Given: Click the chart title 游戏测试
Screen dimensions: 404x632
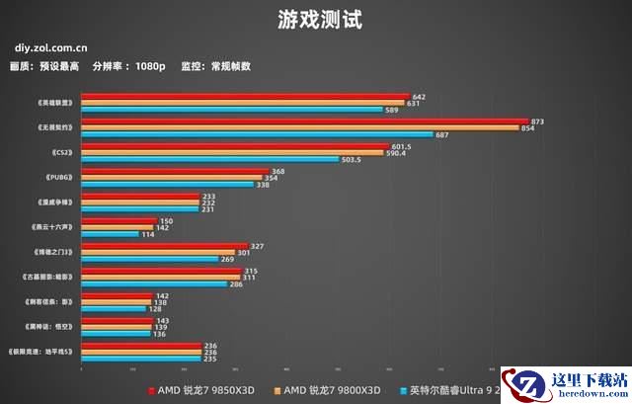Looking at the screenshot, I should click(316, 18).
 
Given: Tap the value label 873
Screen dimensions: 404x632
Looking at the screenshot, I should click(537, 121).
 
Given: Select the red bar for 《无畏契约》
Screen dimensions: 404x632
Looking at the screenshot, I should click(304, 121).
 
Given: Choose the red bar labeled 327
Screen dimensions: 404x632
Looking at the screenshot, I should click(164, 246).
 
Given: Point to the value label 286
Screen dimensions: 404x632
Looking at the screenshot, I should click(235, 283).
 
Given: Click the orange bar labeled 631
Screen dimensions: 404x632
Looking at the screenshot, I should click(243, 103).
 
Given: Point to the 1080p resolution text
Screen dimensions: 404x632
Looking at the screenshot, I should click(150, 66).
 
